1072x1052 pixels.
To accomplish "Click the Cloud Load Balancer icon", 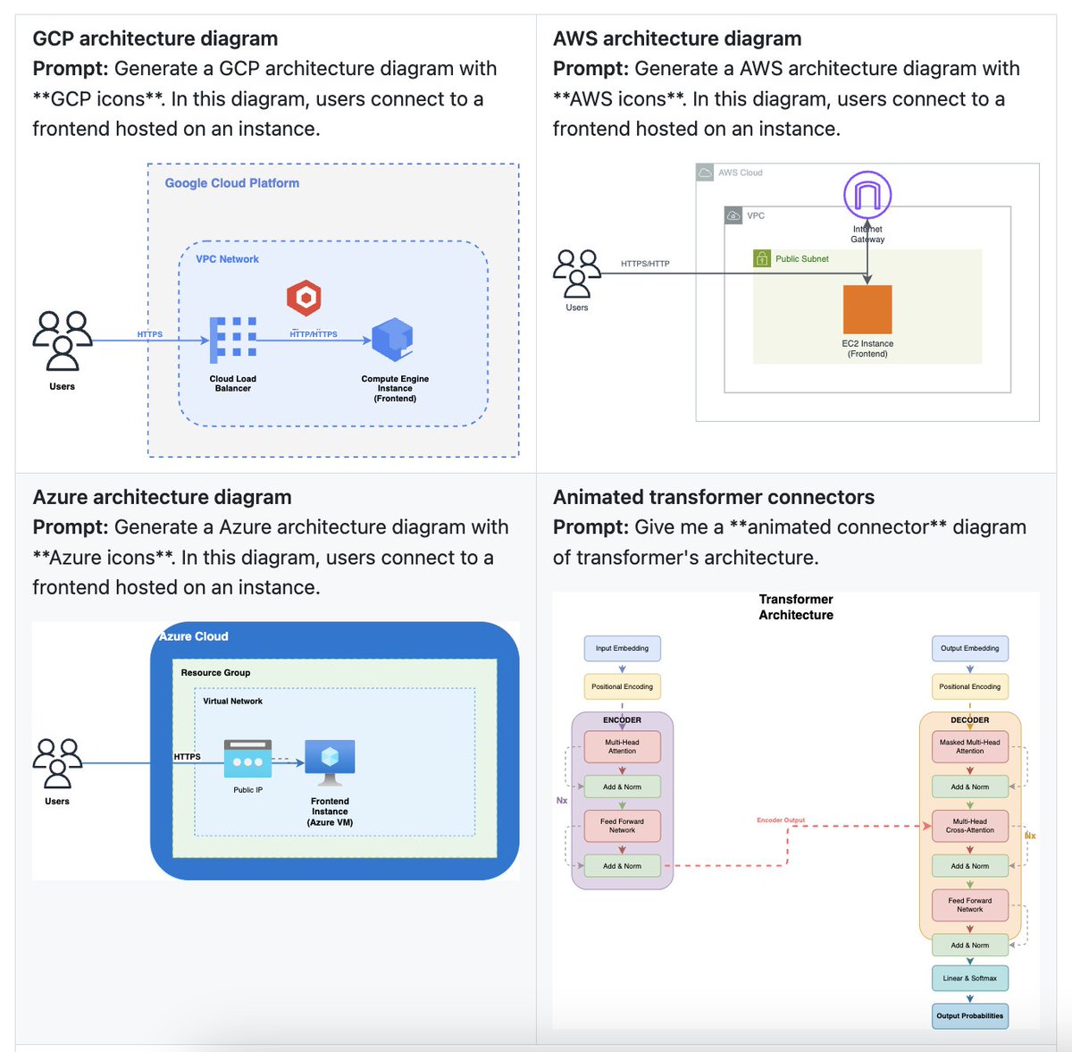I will (x=233, y=340).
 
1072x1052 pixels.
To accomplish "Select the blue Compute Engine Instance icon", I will (x=392, y=340).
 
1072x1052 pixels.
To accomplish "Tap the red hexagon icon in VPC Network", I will (x=304, y=298).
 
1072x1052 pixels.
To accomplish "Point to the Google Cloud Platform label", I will (x=231, y=183).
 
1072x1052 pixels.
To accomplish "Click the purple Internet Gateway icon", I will (x=867, y=195).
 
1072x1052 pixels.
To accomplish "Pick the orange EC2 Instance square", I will (x=867, y=309).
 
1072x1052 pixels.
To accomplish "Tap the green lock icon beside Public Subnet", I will (x=762, y=258).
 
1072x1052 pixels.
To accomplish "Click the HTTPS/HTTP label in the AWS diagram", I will (x=645, y=264).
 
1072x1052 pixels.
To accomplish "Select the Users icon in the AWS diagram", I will (x=577, y=273).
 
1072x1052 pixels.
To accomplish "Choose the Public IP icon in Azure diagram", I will (x=247, y=758).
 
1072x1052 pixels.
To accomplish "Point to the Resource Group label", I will (x=215, y=673).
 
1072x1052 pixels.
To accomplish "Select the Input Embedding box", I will (x=622, y=648).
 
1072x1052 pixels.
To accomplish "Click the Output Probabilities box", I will (x=969, y=1016).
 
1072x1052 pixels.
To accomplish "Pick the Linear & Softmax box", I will (x=969, y=978).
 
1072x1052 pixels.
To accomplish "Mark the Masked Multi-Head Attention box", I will (x=969, y=746).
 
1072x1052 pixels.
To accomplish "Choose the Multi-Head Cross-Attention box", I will (x=969, y=826).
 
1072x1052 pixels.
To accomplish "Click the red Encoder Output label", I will (x=781, y=820).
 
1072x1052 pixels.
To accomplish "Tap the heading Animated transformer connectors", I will (x=713, y=497).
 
